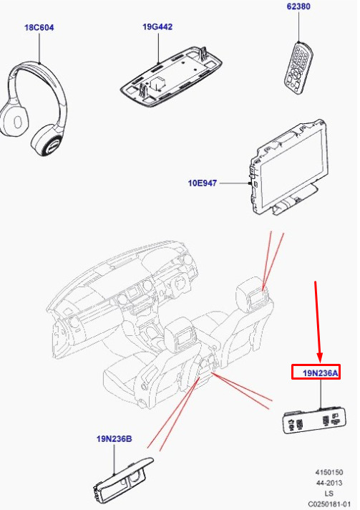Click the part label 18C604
point(39,28)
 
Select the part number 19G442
point(157,27)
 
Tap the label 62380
point(298,6)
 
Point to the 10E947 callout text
point(202,183)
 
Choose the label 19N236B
point(114,439)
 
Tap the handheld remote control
point(298,67)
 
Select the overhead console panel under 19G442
point(171,74)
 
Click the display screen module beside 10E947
point(288,168)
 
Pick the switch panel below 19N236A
point(314,420)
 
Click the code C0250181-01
point(329,504)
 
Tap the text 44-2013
point(329,483)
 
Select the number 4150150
point(329,472)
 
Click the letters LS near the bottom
point(329,494)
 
